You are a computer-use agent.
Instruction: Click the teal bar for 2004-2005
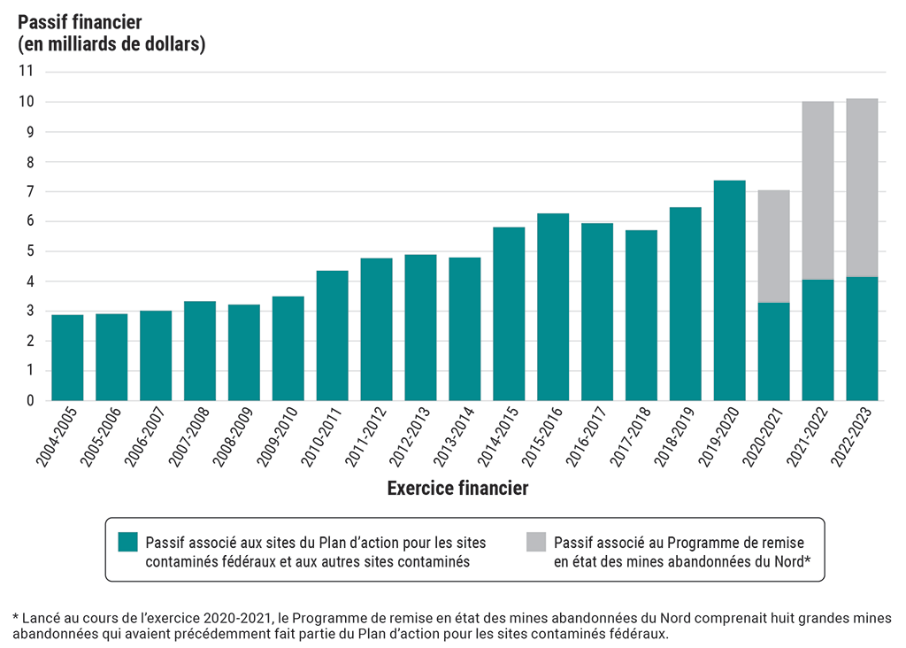click(67, 358)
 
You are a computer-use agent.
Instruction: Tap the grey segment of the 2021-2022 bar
click(818, 190)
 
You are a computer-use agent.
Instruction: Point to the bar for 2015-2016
click(553, 307)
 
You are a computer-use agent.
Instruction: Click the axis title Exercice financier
click(457, 488)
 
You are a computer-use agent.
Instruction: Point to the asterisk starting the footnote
click(15, 616)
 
